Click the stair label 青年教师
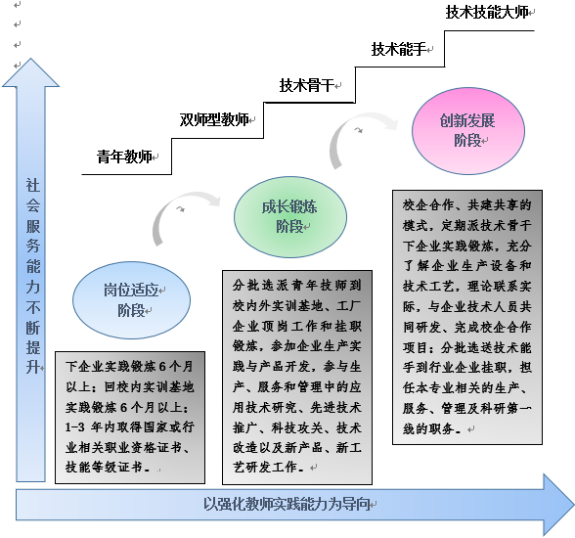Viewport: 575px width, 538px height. pos(124,157)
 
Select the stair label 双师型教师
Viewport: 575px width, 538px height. pos(214,119)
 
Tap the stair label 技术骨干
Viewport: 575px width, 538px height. pos(307,85)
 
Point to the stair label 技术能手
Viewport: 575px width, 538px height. pos(399,49)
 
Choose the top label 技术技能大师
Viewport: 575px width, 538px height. pos(487,12)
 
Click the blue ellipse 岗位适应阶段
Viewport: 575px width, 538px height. pos(131,300)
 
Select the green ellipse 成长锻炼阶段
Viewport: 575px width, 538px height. pos(290,217)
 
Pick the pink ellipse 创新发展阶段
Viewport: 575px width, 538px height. pos(468,130)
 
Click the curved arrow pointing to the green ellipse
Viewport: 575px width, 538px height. pos(172,204)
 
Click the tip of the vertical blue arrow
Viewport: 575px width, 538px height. pos(31,59)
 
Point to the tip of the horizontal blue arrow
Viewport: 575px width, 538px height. pos(573,505)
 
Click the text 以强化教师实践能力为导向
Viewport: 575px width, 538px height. pos(287,505)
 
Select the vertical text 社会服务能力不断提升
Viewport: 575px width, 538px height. pos(33,276)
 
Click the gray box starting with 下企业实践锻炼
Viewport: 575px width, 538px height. pos(130,418)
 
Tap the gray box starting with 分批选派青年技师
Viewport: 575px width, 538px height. pos(297,378)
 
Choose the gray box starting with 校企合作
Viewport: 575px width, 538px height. pos(467,317)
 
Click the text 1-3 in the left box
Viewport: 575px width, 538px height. pos(75,427)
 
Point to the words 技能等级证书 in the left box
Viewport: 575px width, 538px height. pos(104,468)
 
